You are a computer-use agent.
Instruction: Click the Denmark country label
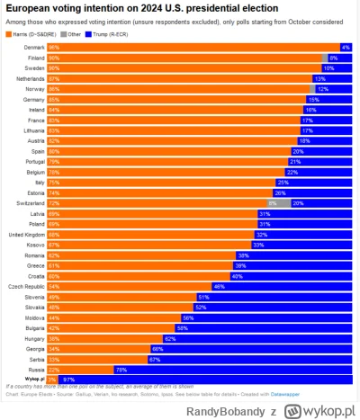point(33,47)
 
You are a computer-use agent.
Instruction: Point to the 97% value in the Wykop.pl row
point(69,379)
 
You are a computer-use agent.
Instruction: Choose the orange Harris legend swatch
point(9,32)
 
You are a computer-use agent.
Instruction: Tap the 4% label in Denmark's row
point(346,47)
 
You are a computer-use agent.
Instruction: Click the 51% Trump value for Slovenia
point(203,297)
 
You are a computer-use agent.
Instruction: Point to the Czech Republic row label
point(25,286)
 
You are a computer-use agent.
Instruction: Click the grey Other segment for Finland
point(325,57)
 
